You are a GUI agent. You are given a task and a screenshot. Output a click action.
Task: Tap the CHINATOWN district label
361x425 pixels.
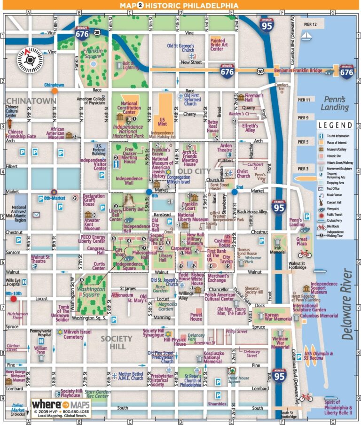pos(31,100)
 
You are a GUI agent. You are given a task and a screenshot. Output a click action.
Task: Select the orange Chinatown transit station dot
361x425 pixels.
pos(55,91)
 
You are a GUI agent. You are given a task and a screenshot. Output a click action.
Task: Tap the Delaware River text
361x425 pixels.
pos(347,304)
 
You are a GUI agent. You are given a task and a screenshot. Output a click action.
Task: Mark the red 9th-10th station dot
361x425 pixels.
pos(13,298)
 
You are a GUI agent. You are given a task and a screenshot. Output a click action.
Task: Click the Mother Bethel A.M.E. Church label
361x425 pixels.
pos(131,376)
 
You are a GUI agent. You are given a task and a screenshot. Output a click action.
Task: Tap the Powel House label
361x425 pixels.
pos(196,317)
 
